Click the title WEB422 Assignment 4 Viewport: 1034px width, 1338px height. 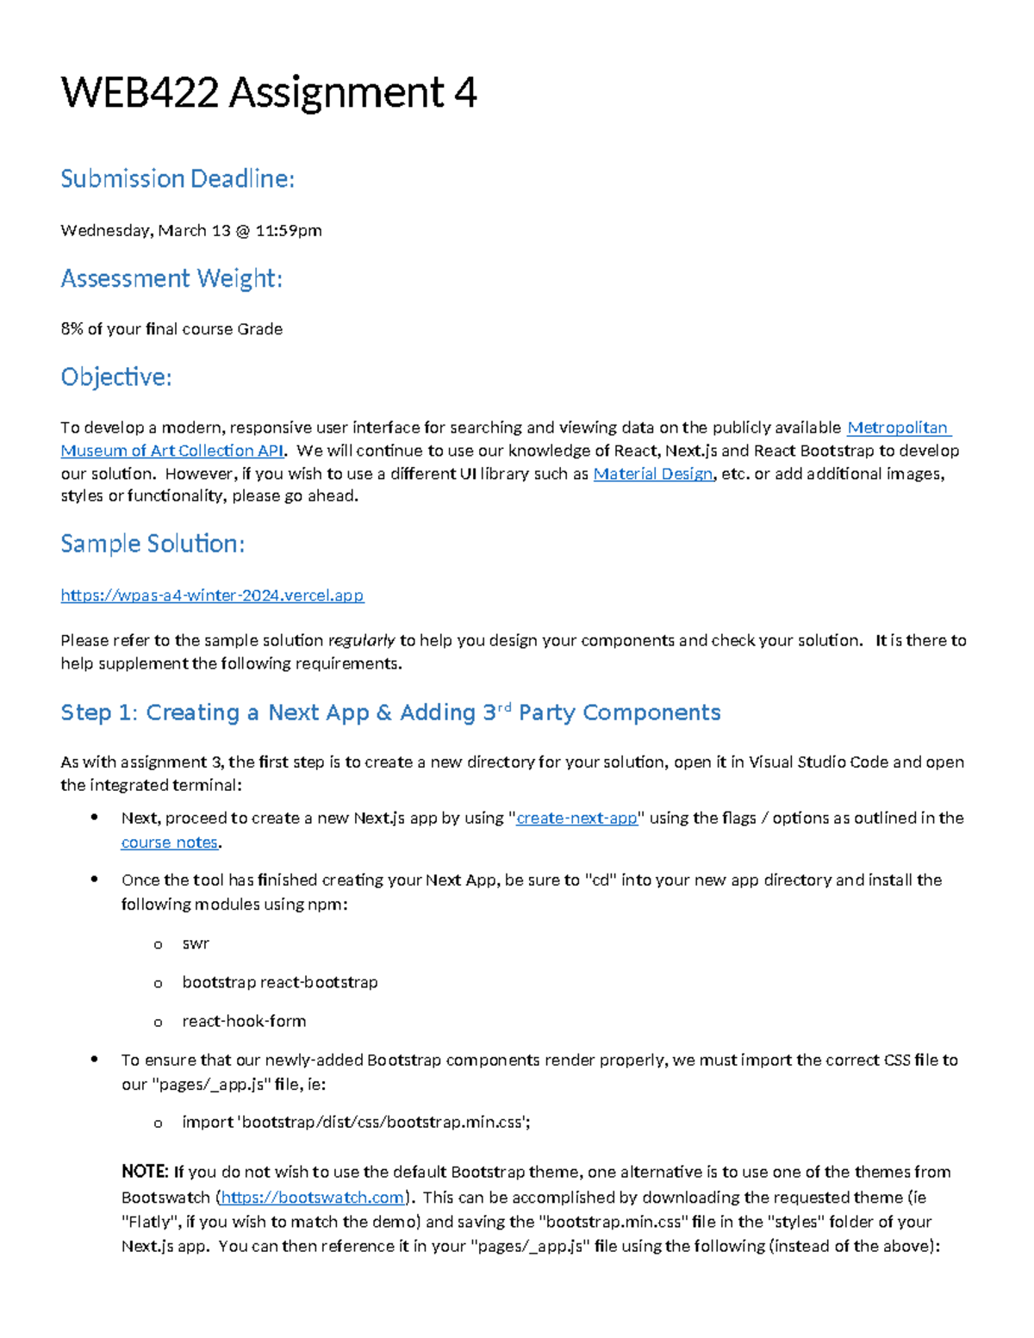(268, 93)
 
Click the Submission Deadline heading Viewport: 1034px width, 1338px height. (178, 178)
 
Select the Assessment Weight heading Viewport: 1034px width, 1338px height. (171, 278)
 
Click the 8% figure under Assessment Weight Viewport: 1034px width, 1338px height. (72, 329)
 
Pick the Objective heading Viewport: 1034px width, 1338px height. (116, 377)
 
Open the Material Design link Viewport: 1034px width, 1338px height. (652, 474)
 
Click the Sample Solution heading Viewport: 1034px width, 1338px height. (153, 544)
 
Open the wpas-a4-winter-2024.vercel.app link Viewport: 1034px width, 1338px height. (212, 595)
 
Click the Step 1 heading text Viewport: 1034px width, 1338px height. (390, 713)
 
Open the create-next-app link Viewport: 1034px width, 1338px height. (576, 818)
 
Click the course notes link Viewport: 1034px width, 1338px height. (169, 843)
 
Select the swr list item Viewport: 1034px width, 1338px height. (196, 943)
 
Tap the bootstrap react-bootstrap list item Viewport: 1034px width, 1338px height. (279, 982)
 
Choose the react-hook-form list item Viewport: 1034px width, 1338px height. (244, 1021)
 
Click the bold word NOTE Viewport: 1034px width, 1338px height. (144, 1172)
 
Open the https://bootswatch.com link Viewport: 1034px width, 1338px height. (313, 1198)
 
